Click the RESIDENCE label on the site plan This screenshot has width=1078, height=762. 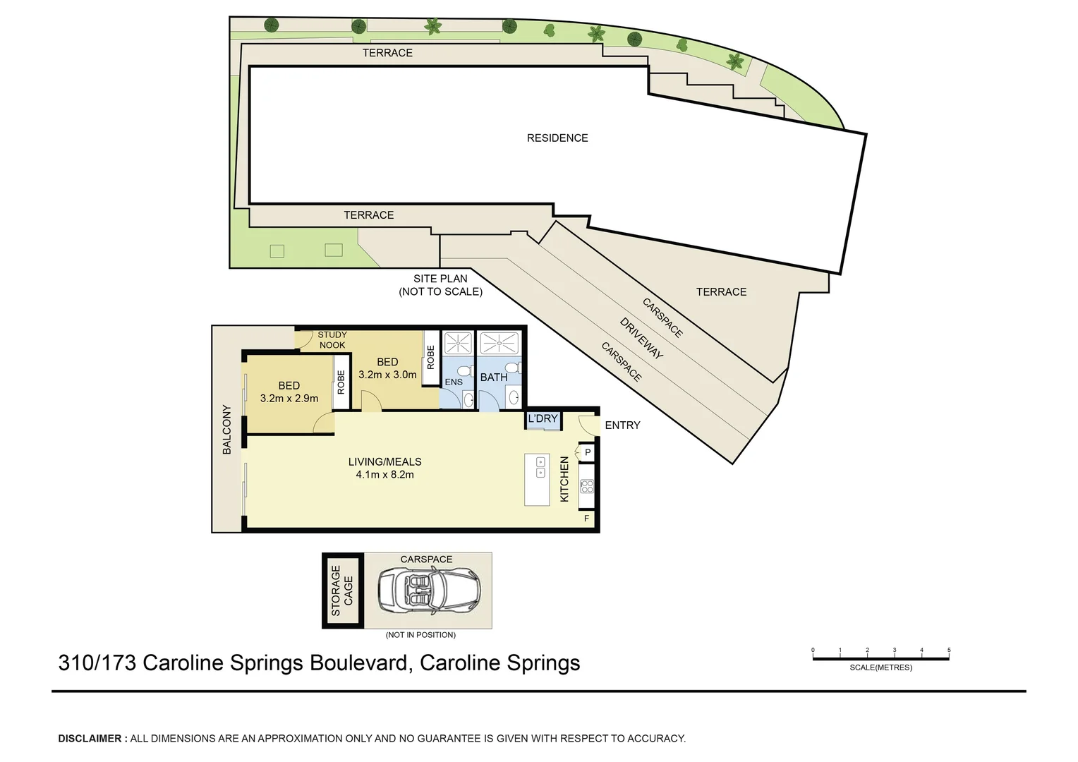557,138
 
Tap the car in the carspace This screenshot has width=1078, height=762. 429,591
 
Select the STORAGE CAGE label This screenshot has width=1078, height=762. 342,591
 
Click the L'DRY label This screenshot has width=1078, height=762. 543,419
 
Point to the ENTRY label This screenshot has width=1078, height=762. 622,425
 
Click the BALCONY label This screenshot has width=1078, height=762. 227,429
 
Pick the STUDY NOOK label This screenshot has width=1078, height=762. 332,340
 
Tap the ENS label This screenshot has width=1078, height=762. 454,382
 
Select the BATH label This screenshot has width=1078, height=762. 494,377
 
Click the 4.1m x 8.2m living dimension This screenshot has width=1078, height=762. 384,475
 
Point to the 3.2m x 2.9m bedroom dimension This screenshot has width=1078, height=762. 289,399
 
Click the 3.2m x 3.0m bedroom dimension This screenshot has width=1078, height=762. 387,375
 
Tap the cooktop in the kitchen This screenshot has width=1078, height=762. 586,486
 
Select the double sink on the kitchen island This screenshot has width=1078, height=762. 540,467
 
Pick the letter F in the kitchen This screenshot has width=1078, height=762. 586,519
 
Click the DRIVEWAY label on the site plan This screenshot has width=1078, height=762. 641,338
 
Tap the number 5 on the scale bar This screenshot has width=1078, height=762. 949,651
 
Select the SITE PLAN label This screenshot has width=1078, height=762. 440,279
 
